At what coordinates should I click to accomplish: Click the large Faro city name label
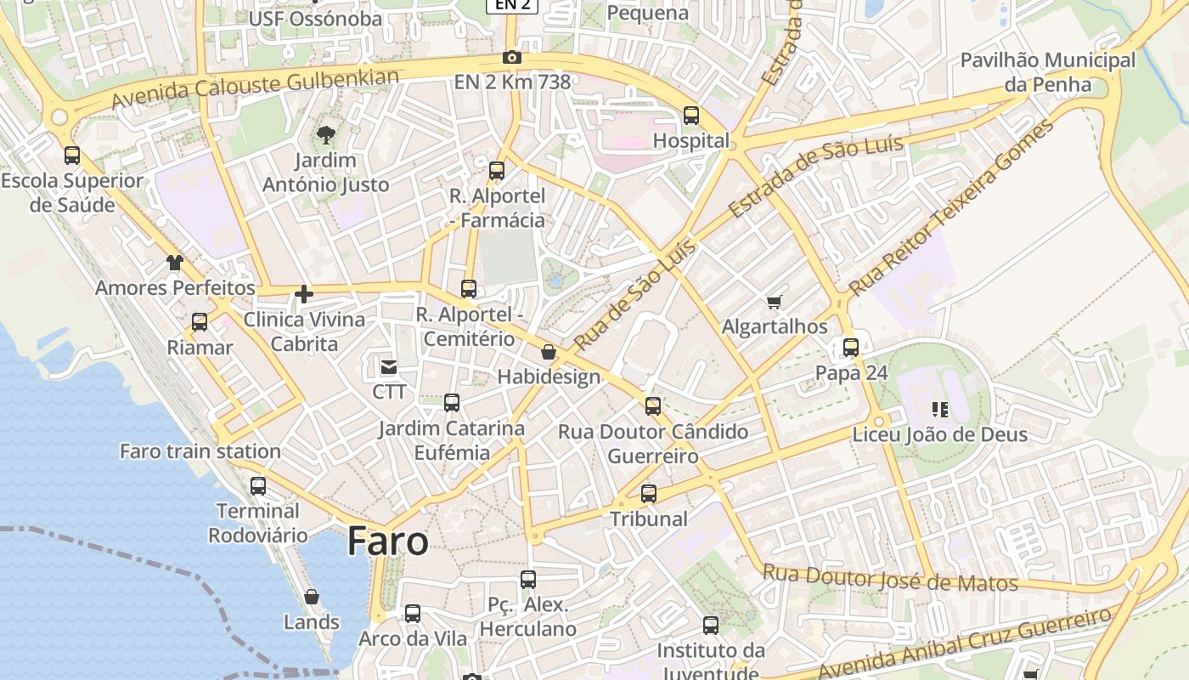[387, 541]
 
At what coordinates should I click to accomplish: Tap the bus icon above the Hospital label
[691, 116]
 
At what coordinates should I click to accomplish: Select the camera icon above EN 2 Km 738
[511, 58]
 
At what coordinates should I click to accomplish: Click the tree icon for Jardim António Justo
[325, 134]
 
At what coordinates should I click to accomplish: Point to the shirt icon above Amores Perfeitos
[175, 263]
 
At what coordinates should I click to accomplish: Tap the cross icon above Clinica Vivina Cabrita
[304, 295]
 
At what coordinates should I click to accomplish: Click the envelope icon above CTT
[389, 367]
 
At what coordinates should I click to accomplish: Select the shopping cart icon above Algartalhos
[774, 302]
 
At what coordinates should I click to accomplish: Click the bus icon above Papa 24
[851, 348]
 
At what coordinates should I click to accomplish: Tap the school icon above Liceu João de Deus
[939, 410]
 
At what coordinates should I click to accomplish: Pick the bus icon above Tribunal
[649, 494]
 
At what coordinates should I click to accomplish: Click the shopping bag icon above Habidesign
[549, 352]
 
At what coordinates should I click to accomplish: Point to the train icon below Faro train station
[258, 486]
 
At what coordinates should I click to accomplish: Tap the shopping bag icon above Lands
[312, 597]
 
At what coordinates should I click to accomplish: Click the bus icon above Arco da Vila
[413, 614]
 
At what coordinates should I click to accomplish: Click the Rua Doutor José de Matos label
[889, 578]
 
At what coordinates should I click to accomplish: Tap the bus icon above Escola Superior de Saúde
[72, 156]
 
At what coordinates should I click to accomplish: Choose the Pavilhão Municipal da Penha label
[1047, 72]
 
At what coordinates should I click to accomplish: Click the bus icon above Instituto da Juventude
[711, 626]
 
